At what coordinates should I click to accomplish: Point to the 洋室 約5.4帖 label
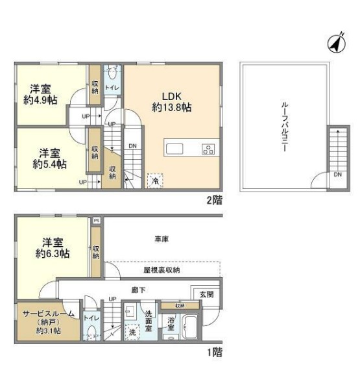point(49,158)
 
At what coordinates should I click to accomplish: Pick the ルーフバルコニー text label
point(284,127)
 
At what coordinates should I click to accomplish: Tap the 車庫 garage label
point(162,240)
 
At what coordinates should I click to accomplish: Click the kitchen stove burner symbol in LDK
point(208,150)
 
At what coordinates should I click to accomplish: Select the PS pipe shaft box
point(97,221)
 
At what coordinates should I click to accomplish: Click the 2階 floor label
point(214,200)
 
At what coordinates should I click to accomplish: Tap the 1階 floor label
point(214,353)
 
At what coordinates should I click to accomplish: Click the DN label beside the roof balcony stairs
point(337,174)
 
